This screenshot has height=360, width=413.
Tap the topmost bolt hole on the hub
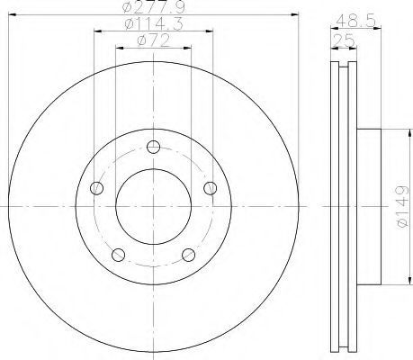coord(154,148)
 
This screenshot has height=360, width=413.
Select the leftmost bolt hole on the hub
coord(98,188)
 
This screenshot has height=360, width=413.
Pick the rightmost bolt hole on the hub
coord(211,187)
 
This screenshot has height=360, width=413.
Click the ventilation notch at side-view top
coord(343,67)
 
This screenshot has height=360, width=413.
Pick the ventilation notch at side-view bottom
coord(343,344)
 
